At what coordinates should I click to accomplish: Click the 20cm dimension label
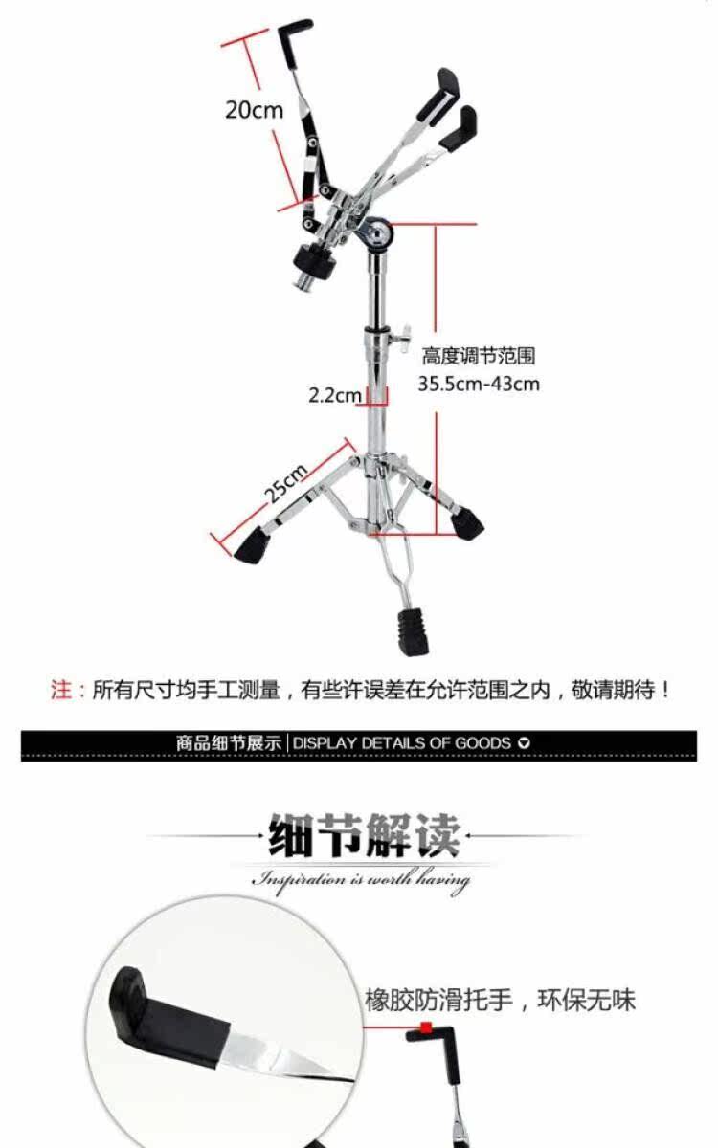255,110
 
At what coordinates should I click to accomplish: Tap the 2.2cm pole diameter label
335,395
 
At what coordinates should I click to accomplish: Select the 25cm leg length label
286,483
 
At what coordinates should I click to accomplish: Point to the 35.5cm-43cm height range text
479,384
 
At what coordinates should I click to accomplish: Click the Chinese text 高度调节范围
479,356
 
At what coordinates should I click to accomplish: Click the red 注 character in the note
60,690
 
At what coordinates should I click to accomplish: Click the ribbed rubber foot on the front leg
413,632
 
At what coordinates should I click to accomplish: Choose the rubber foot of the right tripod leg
467,523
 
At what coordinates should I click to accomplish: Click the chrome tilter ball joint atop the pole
377,234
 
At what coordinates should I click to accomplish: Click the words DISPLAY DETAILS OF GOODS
402,743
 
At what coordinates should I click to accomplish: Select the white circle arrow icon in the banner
524,743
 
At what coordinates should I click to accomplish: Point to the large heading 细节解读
364,835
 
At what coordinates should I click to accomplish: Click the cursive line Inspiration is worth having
361,880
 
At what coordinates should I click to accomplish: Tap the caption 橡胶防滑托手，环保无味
500,1000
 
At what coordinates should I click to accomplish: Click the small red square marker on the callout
425,1027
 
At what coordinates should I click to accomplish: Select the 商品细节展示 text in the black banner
229,743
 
